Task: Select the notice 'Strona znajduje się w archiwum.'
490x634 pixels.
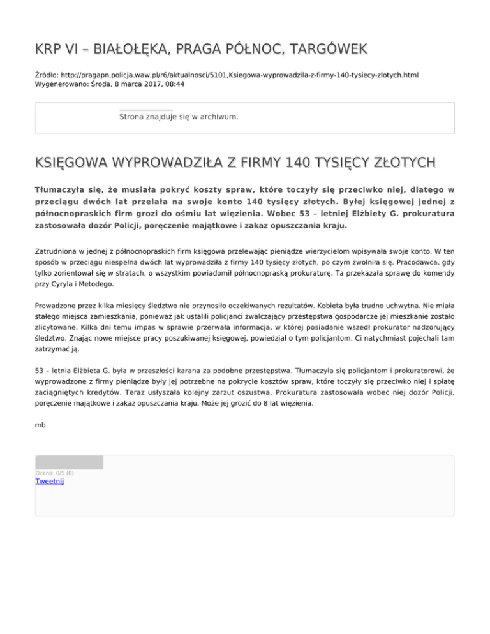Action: click(x=179, y=117)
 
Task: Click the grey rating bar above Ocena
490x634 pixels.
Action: click(x=69, y=462)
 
